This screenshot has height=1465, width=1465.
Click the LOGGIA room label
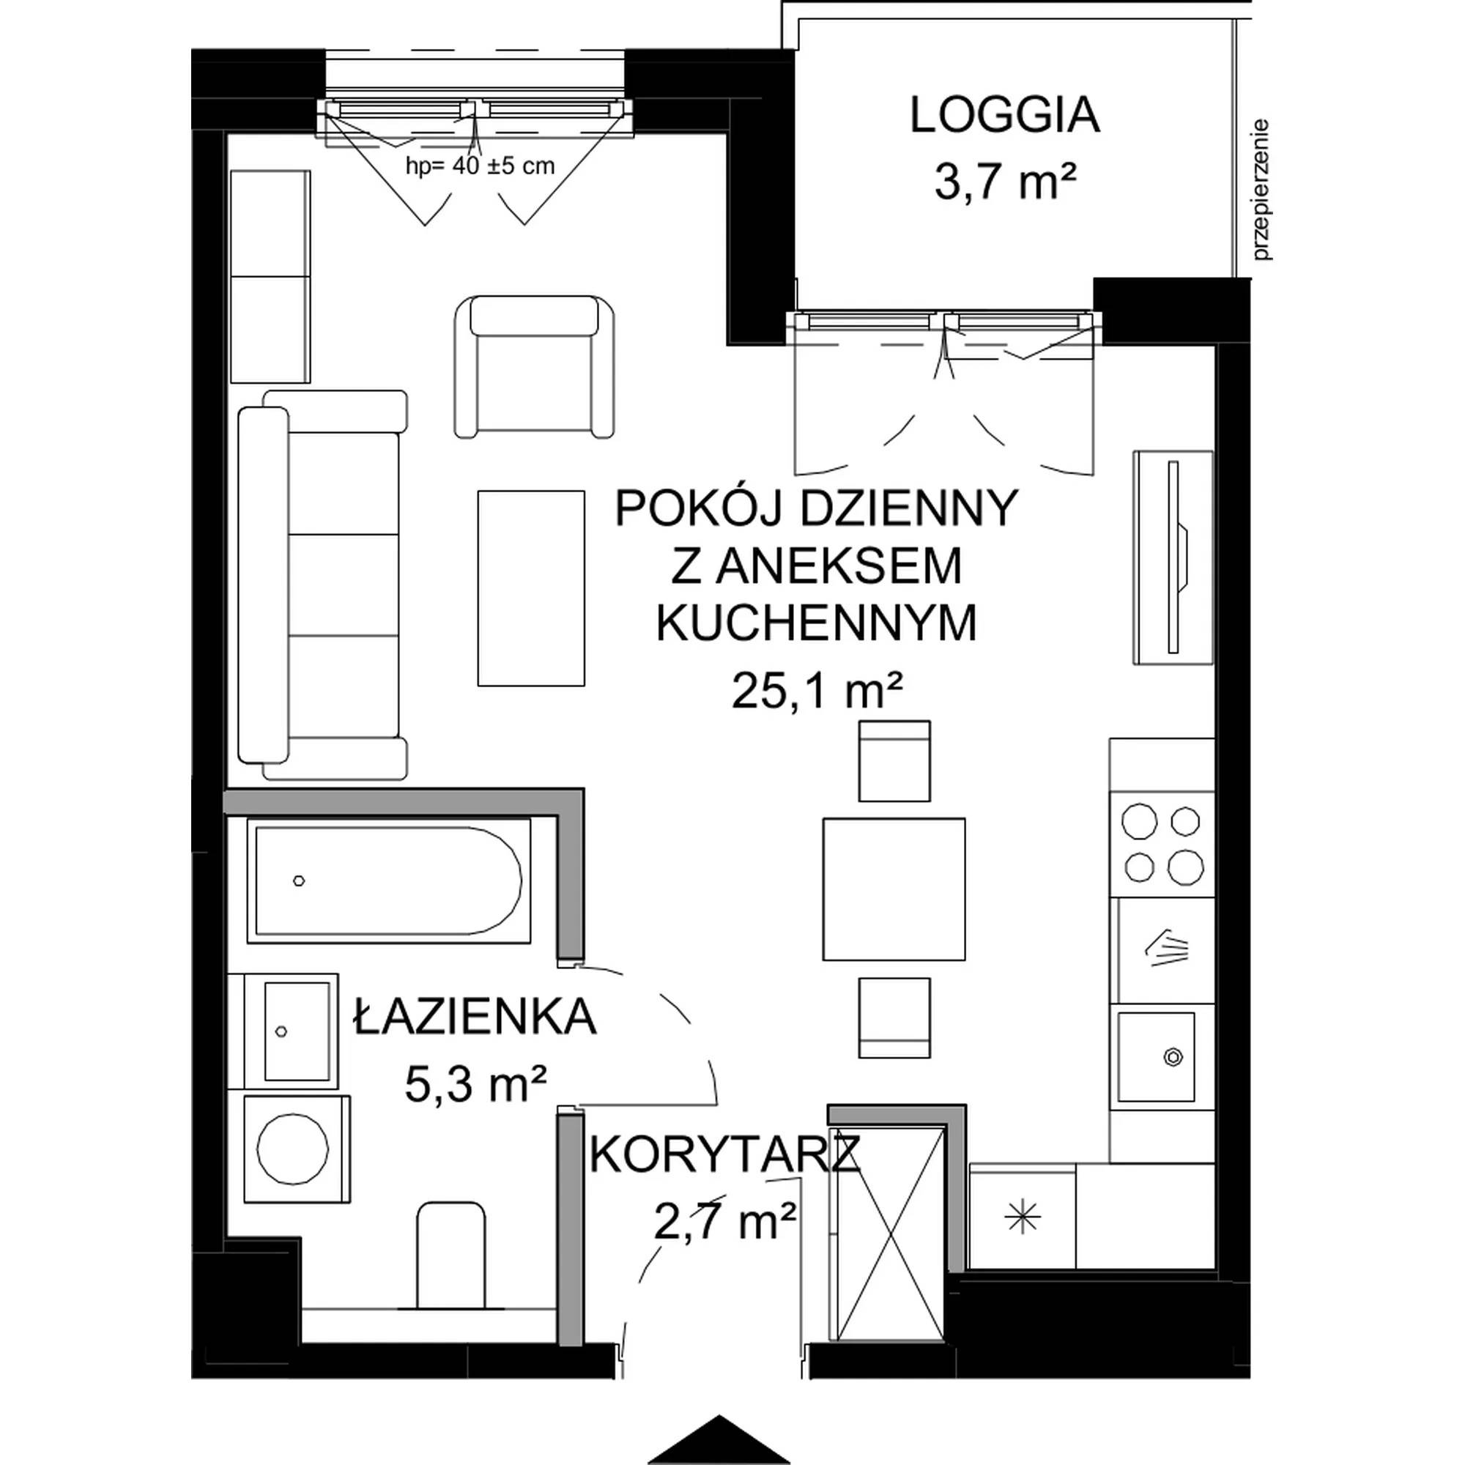coord(1005,116)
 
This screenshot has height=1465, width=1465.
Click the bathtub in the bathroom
coord(389,880)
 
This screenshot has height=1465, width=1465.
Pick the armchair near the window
coord(535,366)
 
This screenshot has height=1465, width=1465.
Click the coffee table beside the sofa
coord(531,587)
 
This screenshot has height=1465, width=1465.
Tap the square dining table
coord(894,888)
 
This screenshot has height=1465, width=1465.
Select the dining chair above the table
coord(894,760)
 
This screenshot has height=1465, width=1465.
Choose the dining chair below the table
coord(894,1017)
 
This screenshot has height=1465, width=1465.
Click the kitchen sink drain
coord(1173,1056)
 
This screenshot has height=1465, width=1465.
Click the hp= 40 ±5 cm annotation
coord(480,166)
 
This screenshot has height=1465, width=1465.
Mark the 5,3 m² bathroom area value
coord(475,1084)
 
